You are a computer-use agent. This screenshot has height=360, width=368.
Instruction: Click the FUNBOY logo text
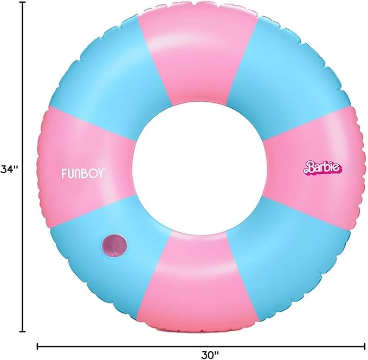(x=82, y=174)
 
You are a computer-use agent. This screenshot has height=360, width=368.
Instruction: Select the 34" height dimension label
(x=9, y=169)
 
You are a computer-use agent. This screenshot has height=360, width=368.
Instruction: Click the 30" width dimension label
(x=210, y=355)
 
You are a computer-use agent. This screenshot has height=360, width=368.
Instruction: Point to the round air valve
(x=114, y=245)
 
